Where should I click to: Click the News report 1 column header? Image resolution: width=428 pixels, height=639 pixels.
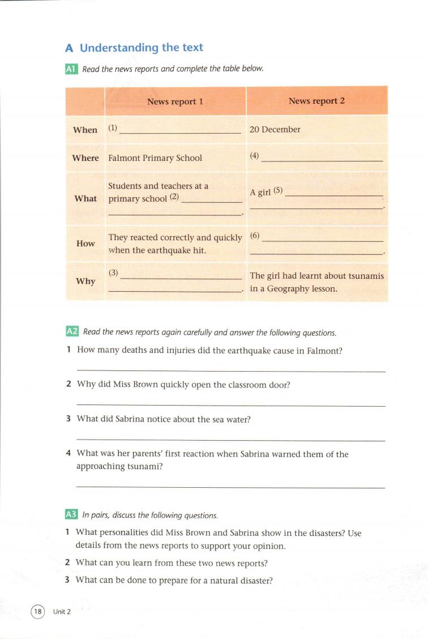[175, 101]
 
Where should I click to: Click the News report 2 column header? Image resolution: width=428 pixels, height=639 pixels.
[316, 101]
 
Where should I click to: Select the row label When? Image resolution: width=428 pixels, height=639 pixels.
[85, 130]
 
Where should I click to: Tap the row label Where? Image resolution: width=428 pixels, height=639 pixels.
[85, 158]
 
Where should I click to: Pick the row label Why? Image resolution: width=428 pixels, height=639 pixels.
[85, 281]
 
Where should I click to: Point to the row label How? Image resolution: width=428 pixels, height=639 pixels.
[85, 243]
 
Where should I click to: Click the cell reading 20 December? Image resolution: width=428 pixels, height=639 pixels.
[275, 129]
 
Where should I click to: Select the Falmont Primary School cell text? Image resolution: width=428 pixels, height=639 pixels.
[155, 158]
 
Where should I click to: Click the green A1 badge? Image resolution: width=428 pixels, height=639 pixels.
[71, 69]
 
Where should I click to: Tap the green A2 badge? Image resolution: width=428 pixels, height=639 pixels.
[71, 332]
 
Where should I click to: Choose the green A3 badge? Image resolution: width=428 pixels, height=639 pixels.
[71, 515]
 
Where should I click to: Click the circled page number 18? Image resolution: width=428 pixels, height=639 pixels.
[37, 611]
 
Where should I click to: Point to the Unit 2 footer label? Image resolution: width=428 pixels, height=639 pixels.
[62, 611]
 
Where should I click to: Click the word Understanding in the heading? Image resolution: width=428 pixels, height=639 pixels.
[119, 48]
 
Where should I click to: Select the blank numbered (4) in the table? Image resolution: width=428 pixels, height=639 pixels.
[322, 159]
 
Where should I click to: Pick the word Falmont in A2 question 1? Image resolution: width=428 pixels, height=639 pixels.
[324, 350]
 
